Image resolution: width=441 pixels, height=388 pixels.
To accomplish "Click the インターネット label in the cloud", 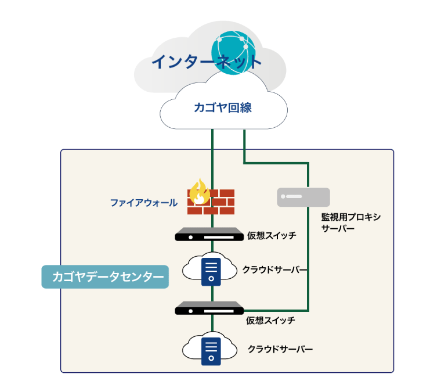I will pyautogui.click(x=207, y=62).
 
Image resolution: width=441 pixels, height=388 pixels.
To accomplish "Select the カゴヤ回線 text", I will pyautogui.click(x=223, y=107).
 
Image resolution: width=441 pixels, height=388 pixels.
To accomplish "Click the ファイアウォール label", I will pyautogui.click(x=144, y=203).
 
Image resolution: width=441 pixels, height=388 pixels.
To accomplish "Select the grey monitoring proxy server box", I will pyautogui.click(x=303, y=197).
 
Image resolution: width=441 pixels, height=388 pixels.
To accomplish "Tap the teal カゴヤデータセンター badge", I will pyautogui.click(x=105, y=277).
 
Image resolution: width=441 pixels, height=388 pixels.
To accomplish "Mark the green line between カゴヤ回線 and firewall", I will pyautogui.click(x=213, y=157).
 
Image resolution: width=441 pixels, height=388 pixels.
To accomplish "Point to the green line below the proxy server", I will pyautogui.click(x=308, y=256).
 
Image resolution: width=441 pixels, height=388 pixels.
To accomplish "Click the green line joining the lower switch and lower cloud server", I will pyautogui.click(x=213, y=326).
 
